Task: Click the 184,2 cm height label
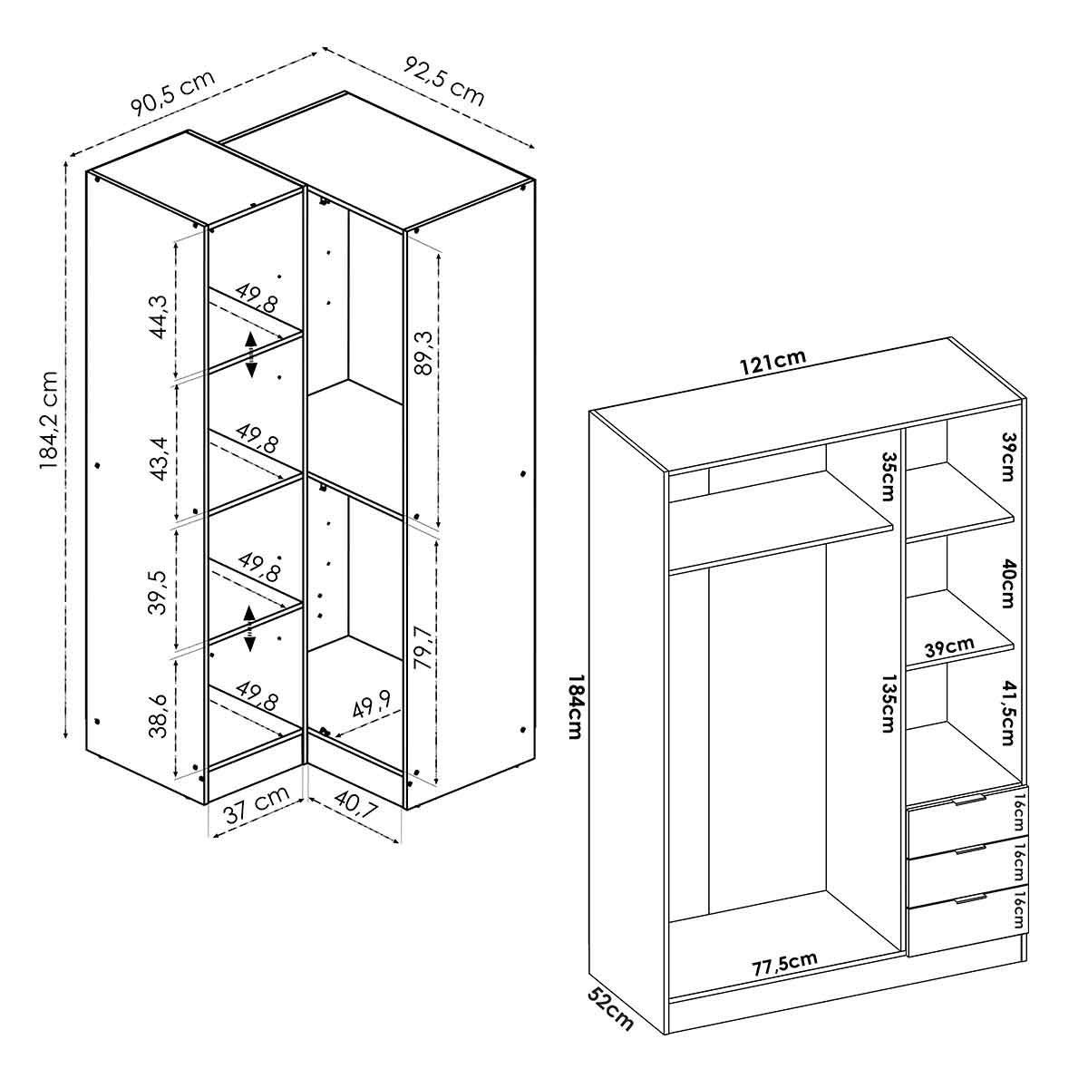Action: click(x=49, y=421)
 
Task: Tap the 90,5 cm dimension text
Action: click(x=173, y=93)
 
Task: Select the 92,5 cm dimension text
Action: click(x=443, y=82)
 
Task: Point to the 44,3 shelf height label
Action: click(x=160, y=316)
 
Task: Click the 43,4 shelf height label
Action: click(x=160, y=459)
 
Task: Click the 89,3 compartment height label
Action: click(x=423, y=353)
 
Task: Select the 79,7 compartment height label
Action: click(x=423, y=647)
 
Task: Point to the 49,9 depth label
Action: click(x=371, y=703)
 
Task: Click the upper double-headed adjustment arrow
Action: click(x=250, y=355)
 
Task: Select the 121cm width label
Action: click(x=773, y=363)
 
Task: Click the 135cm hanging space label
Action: click(x=889, y=703)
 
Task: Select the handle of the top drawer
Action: click(x=969, y=799)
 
